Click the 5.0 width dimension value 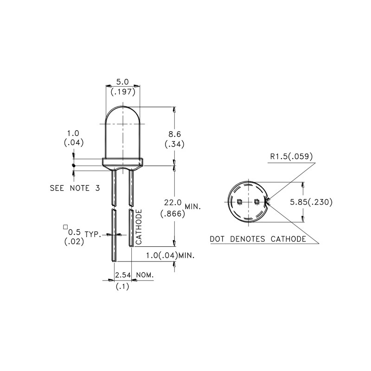click(x=122, y=82)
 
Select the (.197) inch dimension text click(x=123, y=92)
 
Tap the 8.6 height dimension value click(x=175, y=134)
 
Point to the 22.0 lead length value click(x=173, y=203)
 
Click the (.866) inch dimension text click(x=173, y=214)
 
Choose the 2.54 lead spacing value click(x=123, y=275)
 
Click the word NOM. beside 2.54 click(x=145, y=275)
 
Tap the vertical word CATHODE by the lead click(x=139, y=227)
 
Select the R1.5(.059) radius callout click(x=291, y=156)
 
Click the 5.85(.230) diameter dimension click(x=311, y=202)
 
